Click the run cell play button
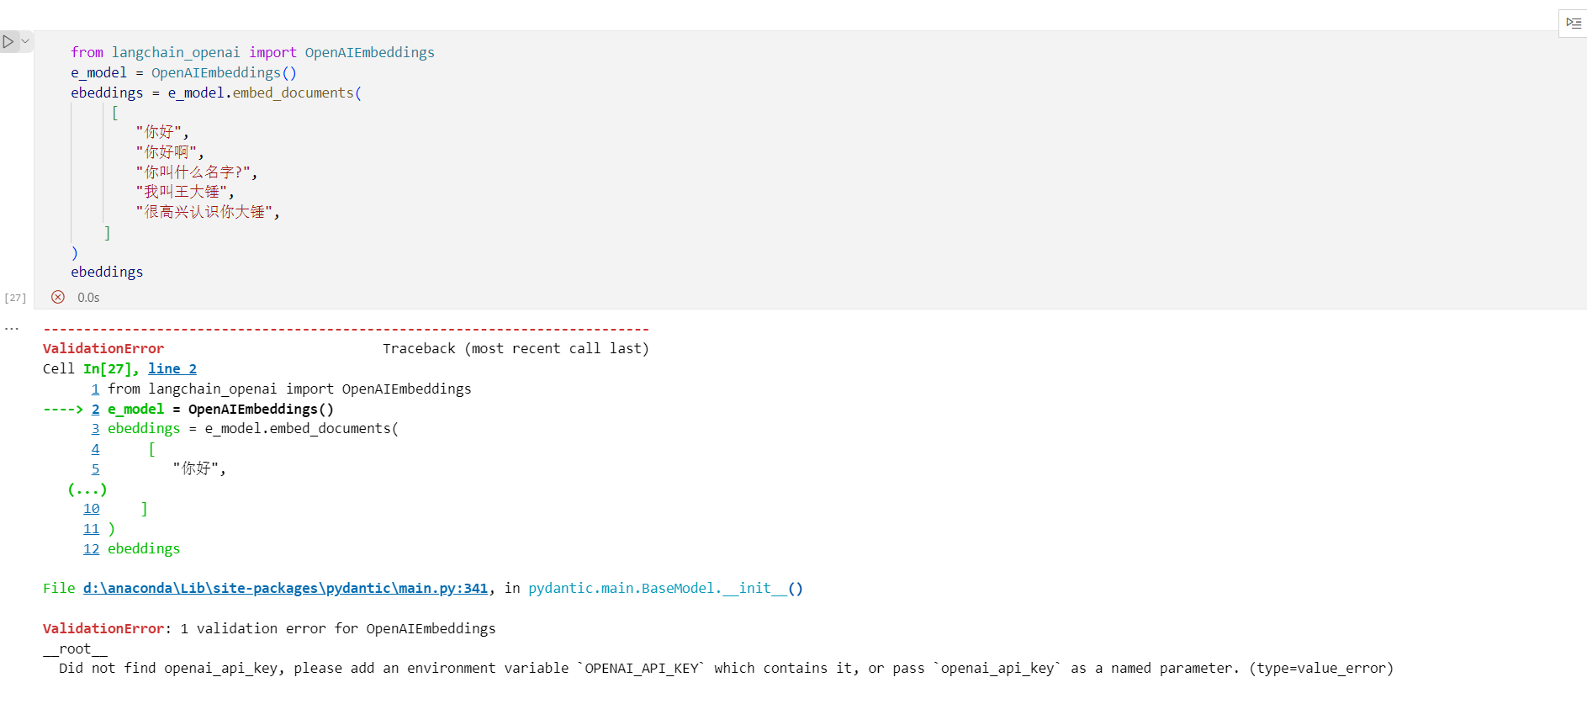pos(8,41)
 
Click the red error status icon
pos(58,297)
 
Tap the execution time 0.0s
pos(88,298)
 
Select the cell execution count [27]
pos(15,298)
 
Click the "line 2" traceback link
pos(172,368)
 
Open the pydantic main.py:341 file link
pos(285,588)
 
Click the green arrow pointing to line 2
pos(63,410)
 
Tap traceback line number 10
pos(92,509)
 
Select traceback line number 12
pos(92,549)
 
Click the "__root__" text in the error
pos(75,648)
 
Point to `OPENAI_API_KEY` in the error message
pos(641,669)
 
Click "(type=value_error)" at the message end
pos(1321,669)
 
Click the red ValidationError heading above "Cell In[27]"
pos(103,348)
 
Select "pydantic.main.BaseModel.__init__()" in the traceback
pos(665,588)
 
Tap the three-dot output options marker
pos(12,329)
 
